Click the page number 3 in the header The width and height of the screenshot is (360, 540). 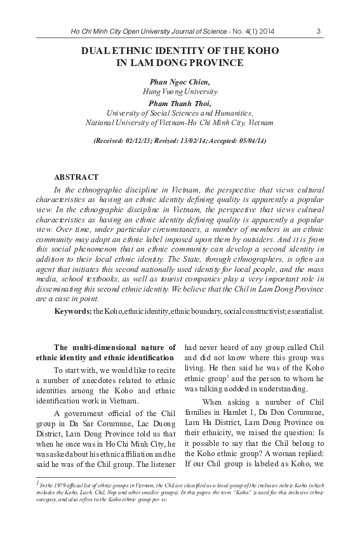click(x=317, y=30)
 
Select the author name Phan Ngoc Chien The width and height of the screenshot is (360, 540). click(x=180, y=83)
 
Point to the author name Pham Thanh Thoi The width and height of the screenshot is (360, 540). click(x=180, y=102)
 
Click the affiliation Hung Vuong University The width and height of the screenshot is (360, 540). click(x=180, y=92)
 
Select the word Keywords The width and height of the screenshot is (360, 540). click(x=72, y=311)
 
